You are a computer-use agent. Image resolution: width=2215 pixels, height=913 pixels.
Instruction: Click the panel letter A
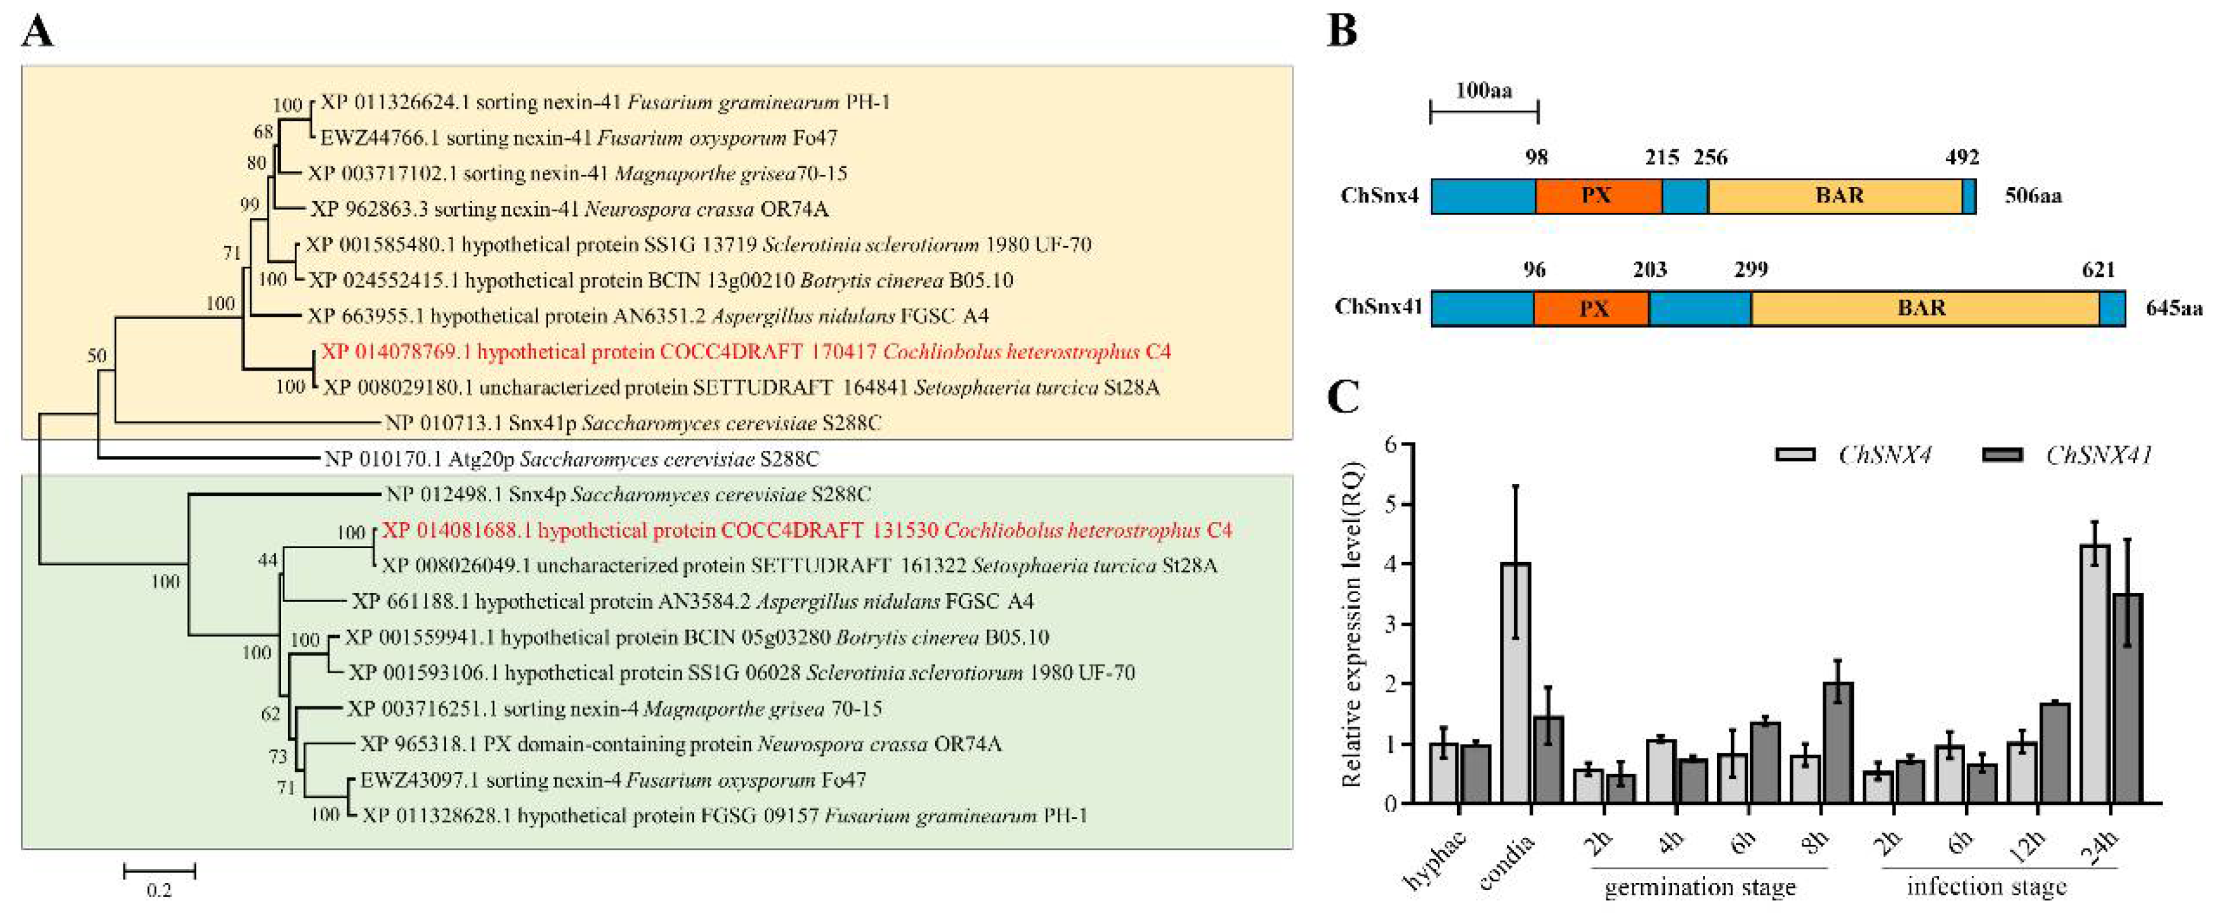click(x=38, y=32)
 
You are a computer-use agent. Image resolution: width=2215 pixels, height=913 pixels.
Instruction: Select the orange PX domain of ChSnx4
click(x=1597, y=196)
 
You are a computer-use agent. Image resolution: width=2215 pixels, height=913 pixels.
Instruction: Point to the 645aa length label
click(x=2174, y=308)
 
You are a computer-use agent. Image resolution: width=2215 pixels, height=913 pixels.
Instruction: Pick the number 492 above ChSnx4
click(x=1961, y=157)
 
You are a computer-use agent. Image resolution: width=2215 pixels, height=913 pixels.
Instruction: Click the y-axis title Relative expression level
click(x=1353, y=623)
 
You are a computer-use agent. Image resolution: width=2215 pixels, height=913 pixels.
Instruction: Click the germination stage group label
click(x=1700, y=887)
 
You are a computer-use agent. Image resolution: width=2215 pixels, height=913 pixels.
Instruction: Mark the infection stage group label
click(x=1986, y=887)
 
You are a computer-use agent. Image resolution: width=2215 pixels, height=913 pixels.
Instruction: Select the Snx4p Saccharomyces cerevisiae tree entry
click(x=628, y=494)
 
